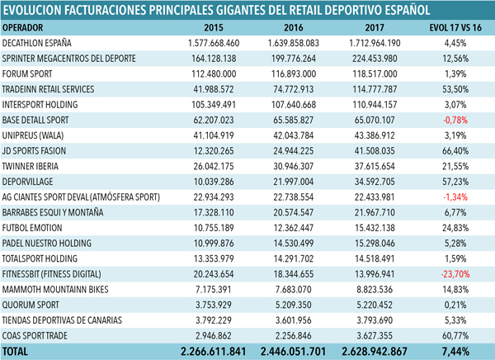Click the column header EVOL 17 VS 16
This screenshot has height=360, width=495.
point(455,28)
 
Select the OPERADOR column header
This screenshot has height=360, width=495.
point(22,28)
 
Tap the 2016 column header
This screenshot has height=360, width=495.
point(293,28)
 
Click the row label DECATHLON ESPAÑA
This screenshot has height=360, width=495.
point(36,43)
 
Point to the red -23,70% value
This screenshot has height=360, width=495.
point(455,274)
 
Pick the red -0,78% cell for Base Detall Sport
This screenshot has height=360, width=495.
point(455,120)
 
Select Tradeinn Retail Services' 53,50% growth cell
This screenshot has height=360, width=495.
point(455,89)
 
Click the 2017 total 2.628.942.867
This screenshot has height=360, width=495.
point(375,352)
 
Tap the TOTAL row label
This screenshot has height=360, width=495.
point(15,352)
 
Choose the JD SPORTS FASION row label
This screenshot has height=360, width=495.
point(34,151)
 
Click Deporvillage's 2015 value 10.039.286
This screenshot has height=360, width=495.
point(214,182)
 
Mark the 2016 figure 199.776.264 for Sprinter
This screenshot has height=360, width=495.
point(293,59)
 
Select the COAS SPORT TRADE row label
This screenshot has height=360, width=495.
point(35,336)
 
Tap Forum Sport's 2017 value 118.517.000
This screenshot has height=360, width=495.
point(375,74)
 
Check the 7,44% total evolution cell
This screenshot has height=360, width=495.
point(455,352)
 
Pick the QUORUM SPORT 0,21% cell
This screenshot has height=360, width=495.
point(455,305)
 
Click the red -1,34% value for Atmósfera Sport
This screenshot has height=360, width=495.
point(455,197)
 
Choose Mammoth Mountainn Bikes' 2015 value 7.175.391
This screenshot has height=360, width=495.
point(214,290)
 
